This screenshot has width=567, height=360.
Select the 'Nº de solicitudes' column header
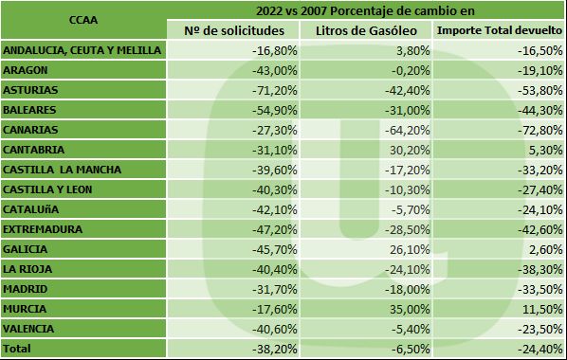click(x=239, y=30)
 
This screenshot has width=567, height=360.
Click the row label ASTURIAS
click(x=30, y=89)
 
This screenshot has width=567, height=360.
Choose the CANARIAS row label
click(x=30, y=129)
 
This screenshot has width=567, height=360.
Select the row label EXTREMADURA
click(x=42, y=228)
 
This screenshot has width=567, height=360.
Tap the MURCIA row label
click(x=25, y=308)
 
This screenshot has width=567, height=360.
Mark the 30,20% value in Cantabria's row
click(x=402, y=149)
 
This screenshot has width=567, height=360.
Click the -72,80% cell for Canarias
click(x=537, y=129)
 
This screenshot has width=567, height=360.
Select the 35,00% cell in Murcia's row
click(x=402, y=308)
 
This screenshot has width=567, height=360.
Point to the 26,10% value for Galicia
click(x=402, y=248)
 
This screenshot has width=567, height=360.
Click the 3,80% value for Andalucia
click(x=405, y=49)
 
